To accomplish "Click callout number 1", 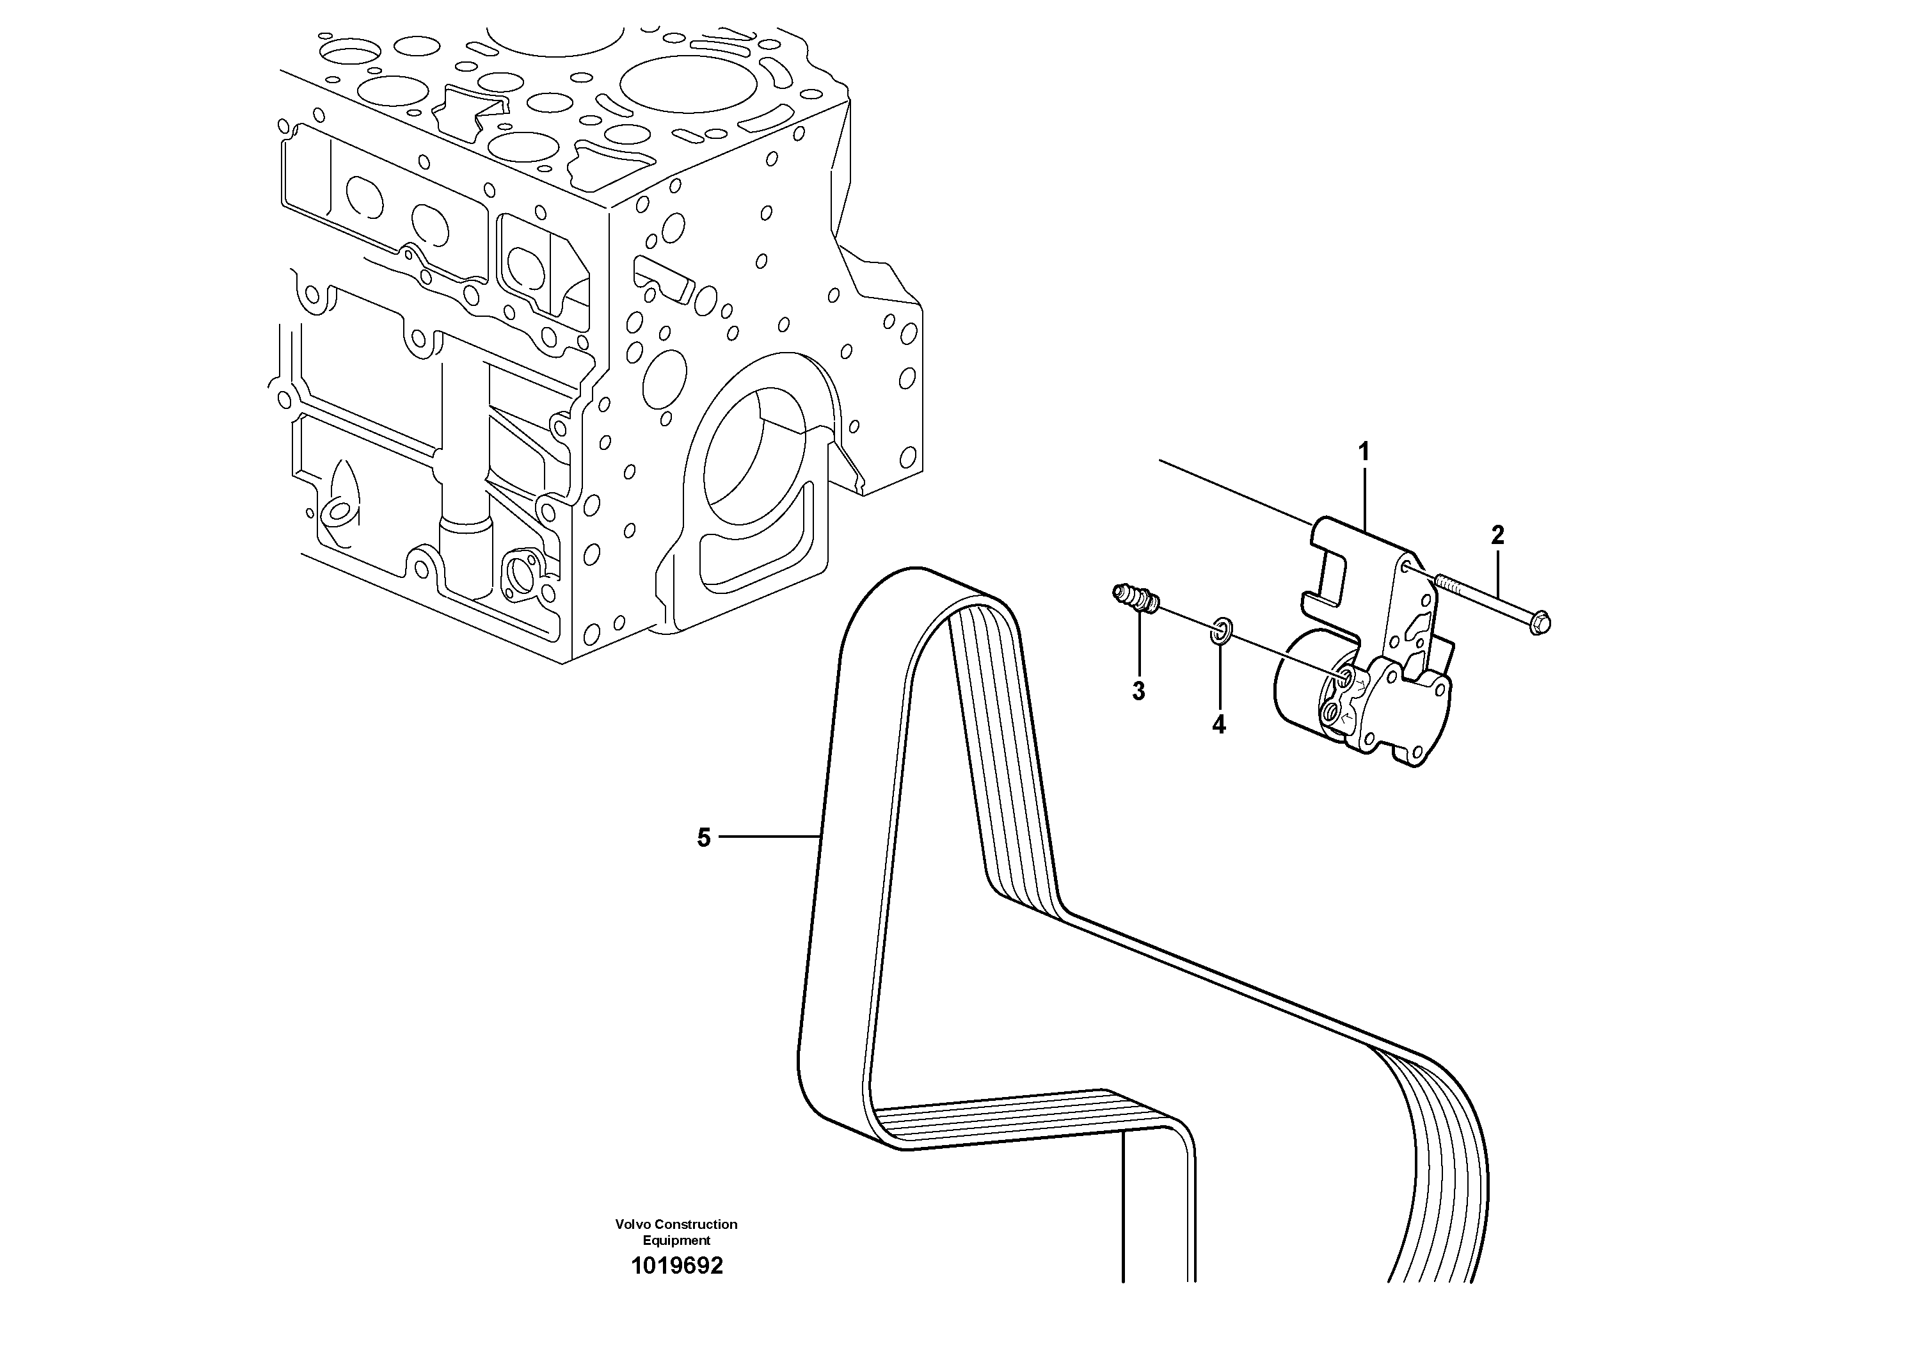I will (x=1362, y=453).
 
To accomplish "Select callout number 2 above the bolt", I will (x=1497, y=535).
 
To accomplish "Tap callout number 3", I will (x=1138, y=691).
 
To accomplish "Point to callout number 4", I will (x=1218, y=725).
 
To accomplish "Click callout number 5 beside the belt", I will (x=704, y=838).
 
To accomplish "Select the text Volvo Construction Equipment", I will (x=676, y=1231).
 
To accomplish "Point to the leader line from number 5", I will (x=767, y=837).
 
